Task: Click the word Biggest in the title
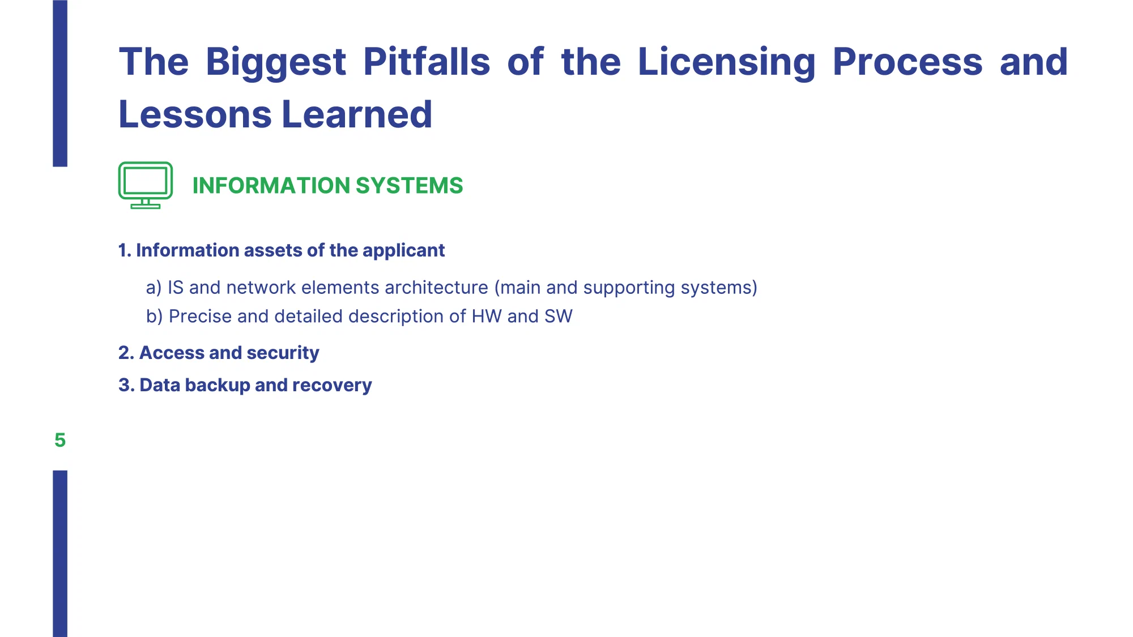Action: [x=275, y=62]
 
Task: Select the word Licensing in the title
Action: [x=726, y=62]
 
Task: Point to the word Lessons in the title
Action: [x=195, y=114]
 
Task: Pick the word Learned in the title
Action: [x=357, y=114]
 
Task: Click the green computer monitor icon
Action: [x=146, y=185]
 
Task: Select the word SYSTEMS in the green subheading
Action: [x=409, y=186]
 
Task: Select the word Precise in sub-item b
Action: [x=200, y=317]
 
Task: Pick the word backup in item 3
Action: [x=218, y=385]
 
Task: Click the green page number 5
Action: [x=60, y=440]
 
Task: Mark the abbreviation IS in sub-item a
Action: [x=176, y=288]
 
